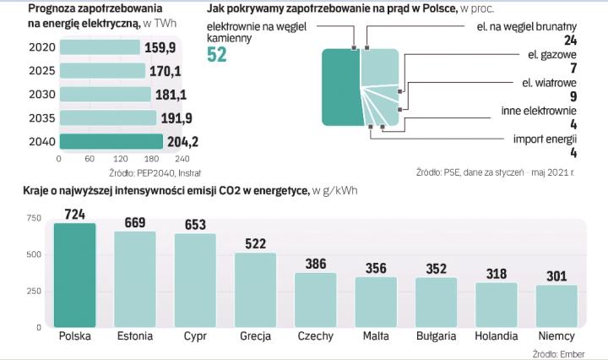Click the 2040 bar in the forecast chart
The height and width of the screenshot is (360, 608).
[110, 141]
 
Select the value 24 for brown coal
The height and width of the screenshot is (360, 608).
[570, 39]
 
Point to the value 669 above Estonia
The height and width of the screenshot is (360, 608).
[135, 221]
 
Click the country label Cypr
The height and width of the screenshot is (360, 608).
[195, 336]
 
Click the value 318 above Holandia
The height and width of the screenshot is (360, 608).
[497, 273]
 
